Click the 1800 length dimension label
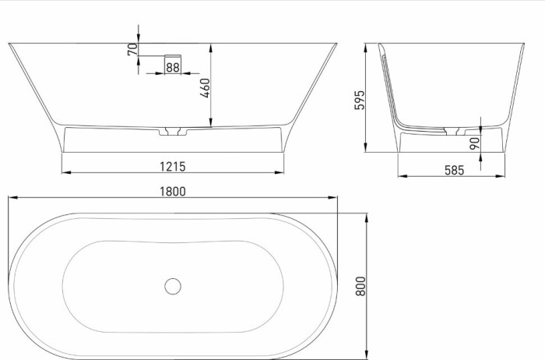pyautogui.click(x=174, y=191)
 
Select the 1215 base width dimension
pyautogui.click(x=174, y=166)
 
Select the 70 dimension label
pyautogui.click(x=133, y=48)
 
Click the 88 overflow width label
pyautogui.click(x=172, y=68)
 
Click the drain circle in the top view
pyautogui.click(x=173, y=285)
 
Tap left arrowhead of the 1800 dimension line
pyautogui.click(x=11, y=199)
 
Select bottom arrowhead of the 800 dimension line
pyautogui.click(x=367, y=355)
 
